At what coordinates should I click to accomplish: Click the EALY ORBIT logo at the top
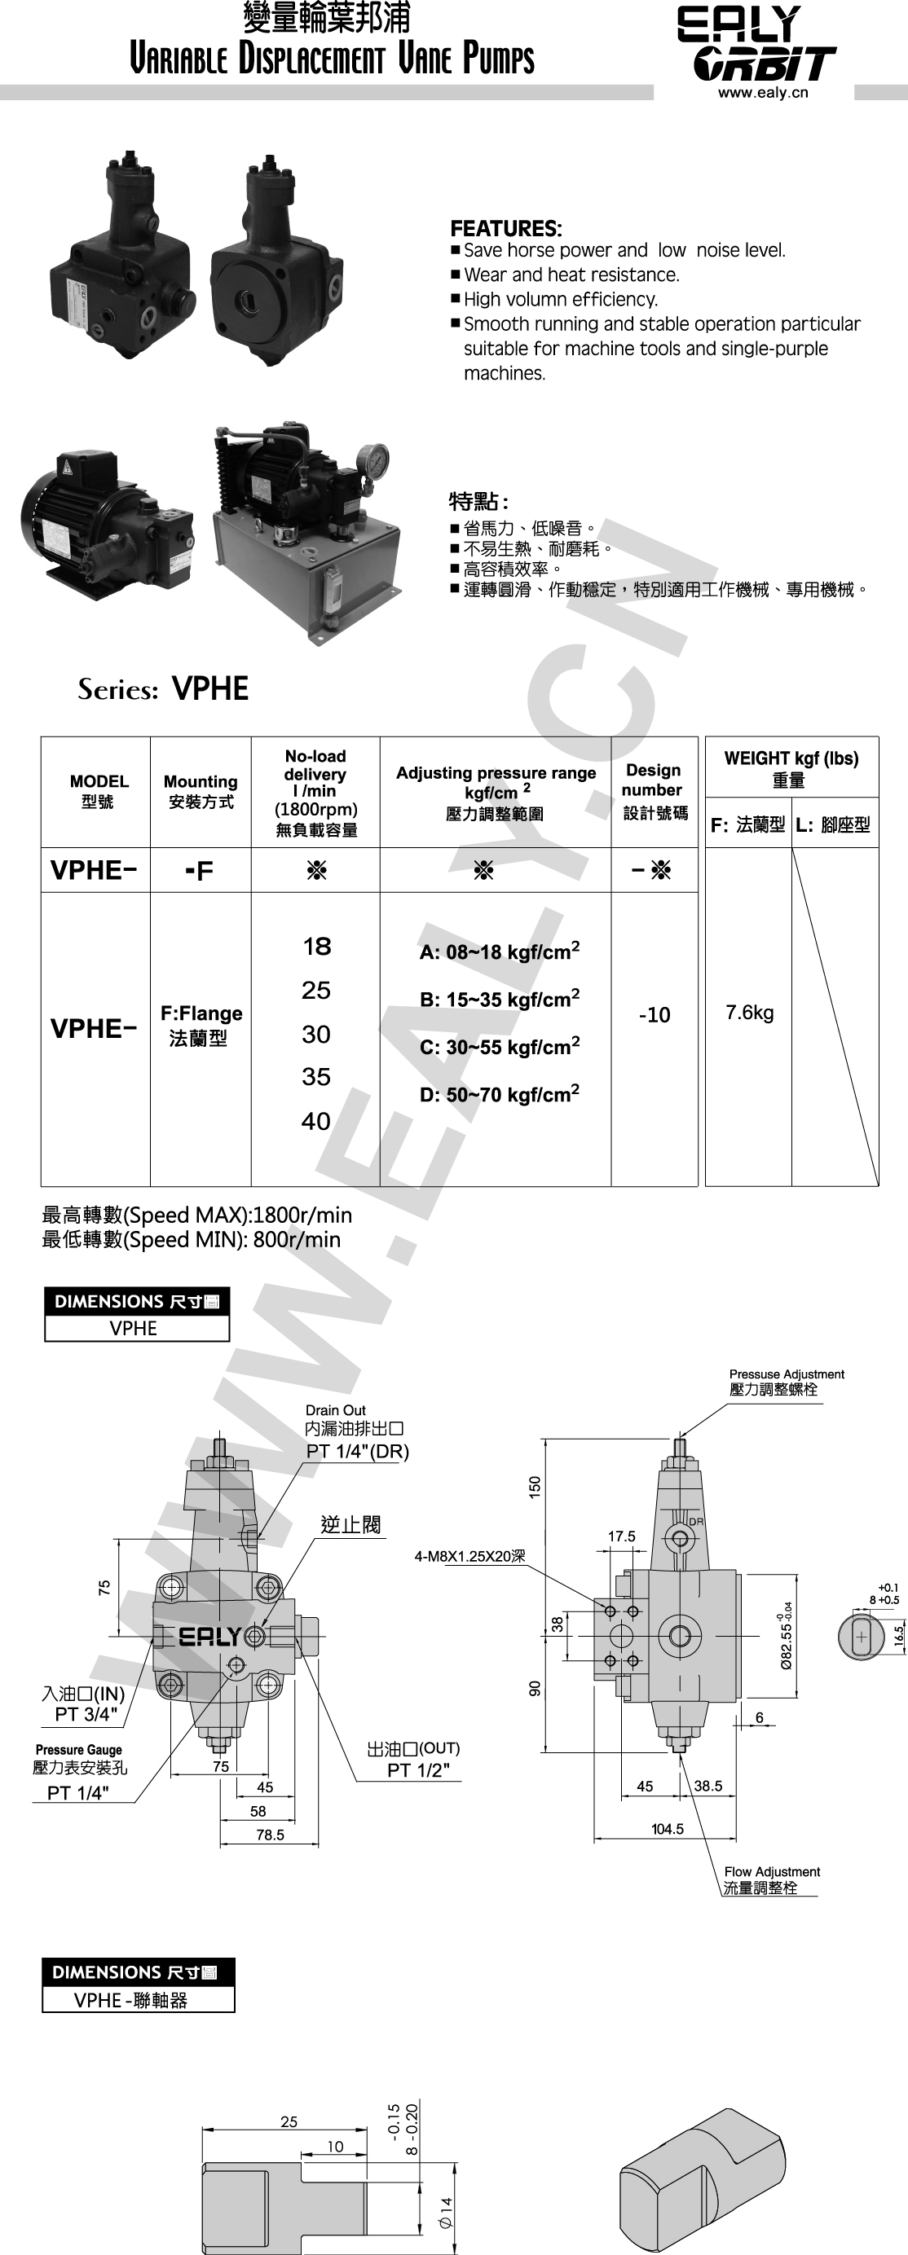[x=756, y=44]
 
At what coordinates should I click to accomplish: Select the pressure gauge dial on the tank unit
[x=372, y=461]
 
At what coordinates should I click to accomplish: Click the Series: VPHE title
[x=163, y=689]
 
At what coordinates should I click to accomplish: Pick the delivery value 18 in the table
[x=316, y=947]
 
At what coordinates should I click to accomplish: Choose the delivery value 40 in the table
[x=316, y=1121]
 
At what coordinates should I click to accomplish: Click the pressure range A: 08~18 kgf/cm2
[x=499, y=952]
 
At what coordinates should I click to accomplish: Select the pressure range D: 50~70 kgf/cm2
[x=499, y=1094]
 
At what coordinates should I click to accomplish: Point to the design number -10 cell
[x=654, y=1014]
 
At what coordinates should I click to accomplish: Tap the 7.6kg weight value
[x=750, y=1013]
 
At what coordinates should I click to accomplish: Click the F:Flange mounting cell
[x=201, y=1025]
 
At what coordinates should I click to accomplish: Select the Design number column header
[x=654, y=790]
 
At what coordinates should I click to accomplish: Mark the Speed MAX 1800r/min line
[x=197, y=1215]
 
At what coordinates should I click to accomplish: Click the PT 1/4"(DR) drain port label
[x=357, y=1452]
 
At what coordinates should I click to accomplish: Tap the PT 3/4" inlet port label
[x=86, y=1714]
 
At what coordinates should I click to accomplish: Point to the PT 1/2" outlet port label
[x=418, y=1771]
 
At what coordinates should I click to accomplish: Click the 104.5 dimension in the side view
[x=668, y=1830]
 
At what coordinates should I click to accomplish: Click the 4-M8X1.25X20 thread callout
[x=470, y=1557]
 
